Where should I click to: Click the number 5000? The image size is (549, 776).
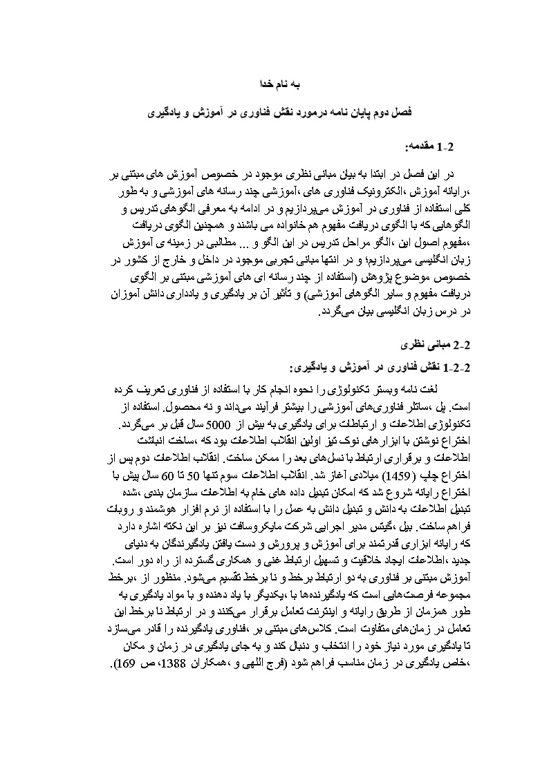tap(259, 421)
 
